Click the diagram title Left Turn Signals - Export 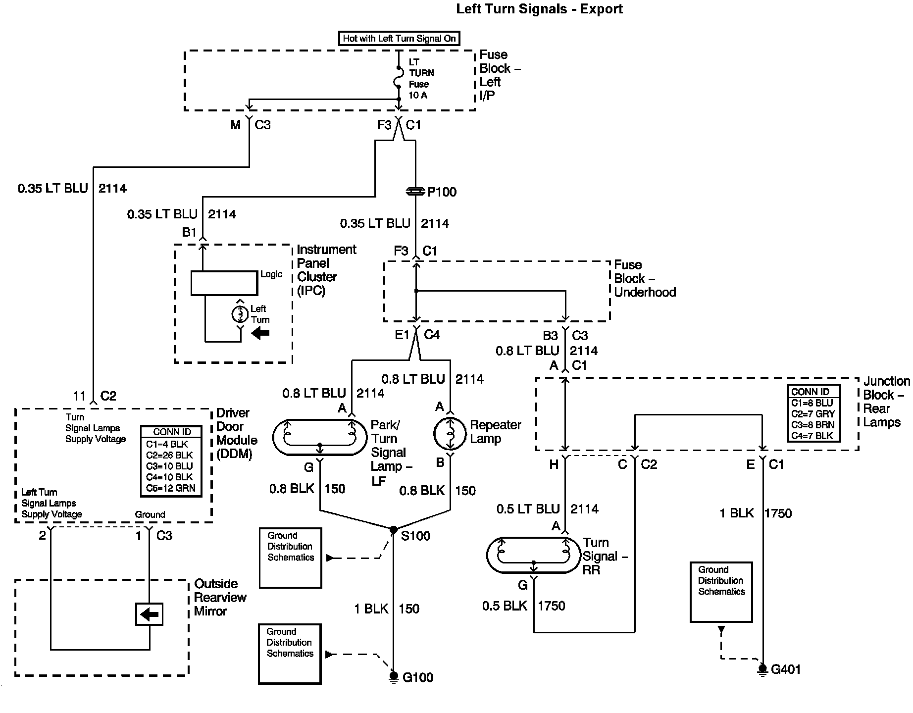coord(539,9)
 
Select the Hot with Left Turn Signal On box coord(399,39)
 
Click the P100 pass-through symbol coord(415,191)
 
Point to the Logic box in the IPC coord(224,283)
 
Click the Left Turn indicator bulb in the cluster coord(241,313)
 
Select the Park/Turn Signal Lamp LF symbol coord(320,437)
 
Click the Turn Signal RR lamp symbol coord(534,555)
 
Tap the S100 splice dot coord(394,529)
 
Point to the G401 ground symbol coord(763,669)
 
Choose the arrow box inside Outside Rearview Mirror coord(149,614)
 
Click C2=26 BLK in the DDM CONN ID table coord(169,455)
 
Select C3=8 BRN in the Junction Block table coord(812,425)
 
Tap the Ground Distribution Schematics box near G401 coord(721,592)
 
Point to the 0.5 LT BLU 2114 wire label coord(548,509)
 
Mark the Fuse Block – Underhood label coord(645,278)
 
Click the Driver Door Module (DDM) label coord(237,433)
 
